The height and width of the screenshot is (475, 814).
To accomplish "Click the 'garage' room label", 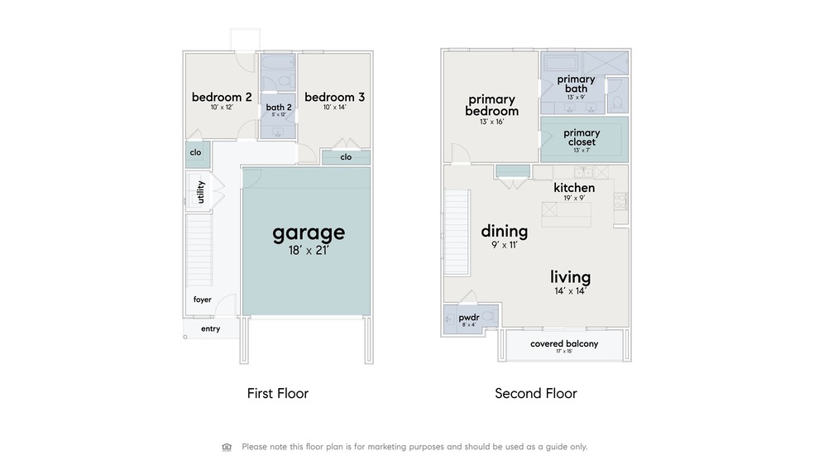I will [309, 233].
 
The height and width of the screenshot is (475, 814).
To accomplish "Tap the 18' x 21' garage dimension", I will [309, 250].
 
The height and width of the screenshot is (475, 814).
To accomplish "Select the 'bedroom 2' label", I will [222, 97].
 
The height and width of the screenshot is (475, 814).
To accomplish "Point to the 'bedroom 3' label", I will [334, 97].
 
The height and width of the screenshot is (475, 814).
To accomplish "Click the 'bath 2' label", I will [277, 107].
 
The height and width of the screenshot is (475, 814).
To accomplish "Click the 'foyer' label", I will [203, 300].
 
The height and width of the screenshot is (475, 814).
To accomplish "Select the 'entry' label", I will [211, 329].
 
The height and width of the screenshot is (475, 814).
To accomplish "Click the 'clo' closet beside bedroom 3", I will [346, 157].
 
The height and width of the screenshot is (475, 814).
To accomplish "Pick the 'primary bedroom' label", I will [491, 105].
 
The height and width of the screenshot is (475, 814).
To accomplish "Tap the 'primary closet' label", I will [582, 137].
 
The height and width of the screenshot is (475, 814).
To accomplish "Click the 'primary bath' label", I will [576, 84].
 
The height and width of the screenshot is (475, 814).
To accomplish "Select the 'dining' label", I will [504, 232].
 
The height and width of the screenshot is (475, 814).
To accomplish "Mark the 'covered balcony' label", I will [564, 343].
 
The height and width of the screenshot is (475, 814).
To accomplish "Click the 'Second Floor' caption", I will [535, 394].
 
